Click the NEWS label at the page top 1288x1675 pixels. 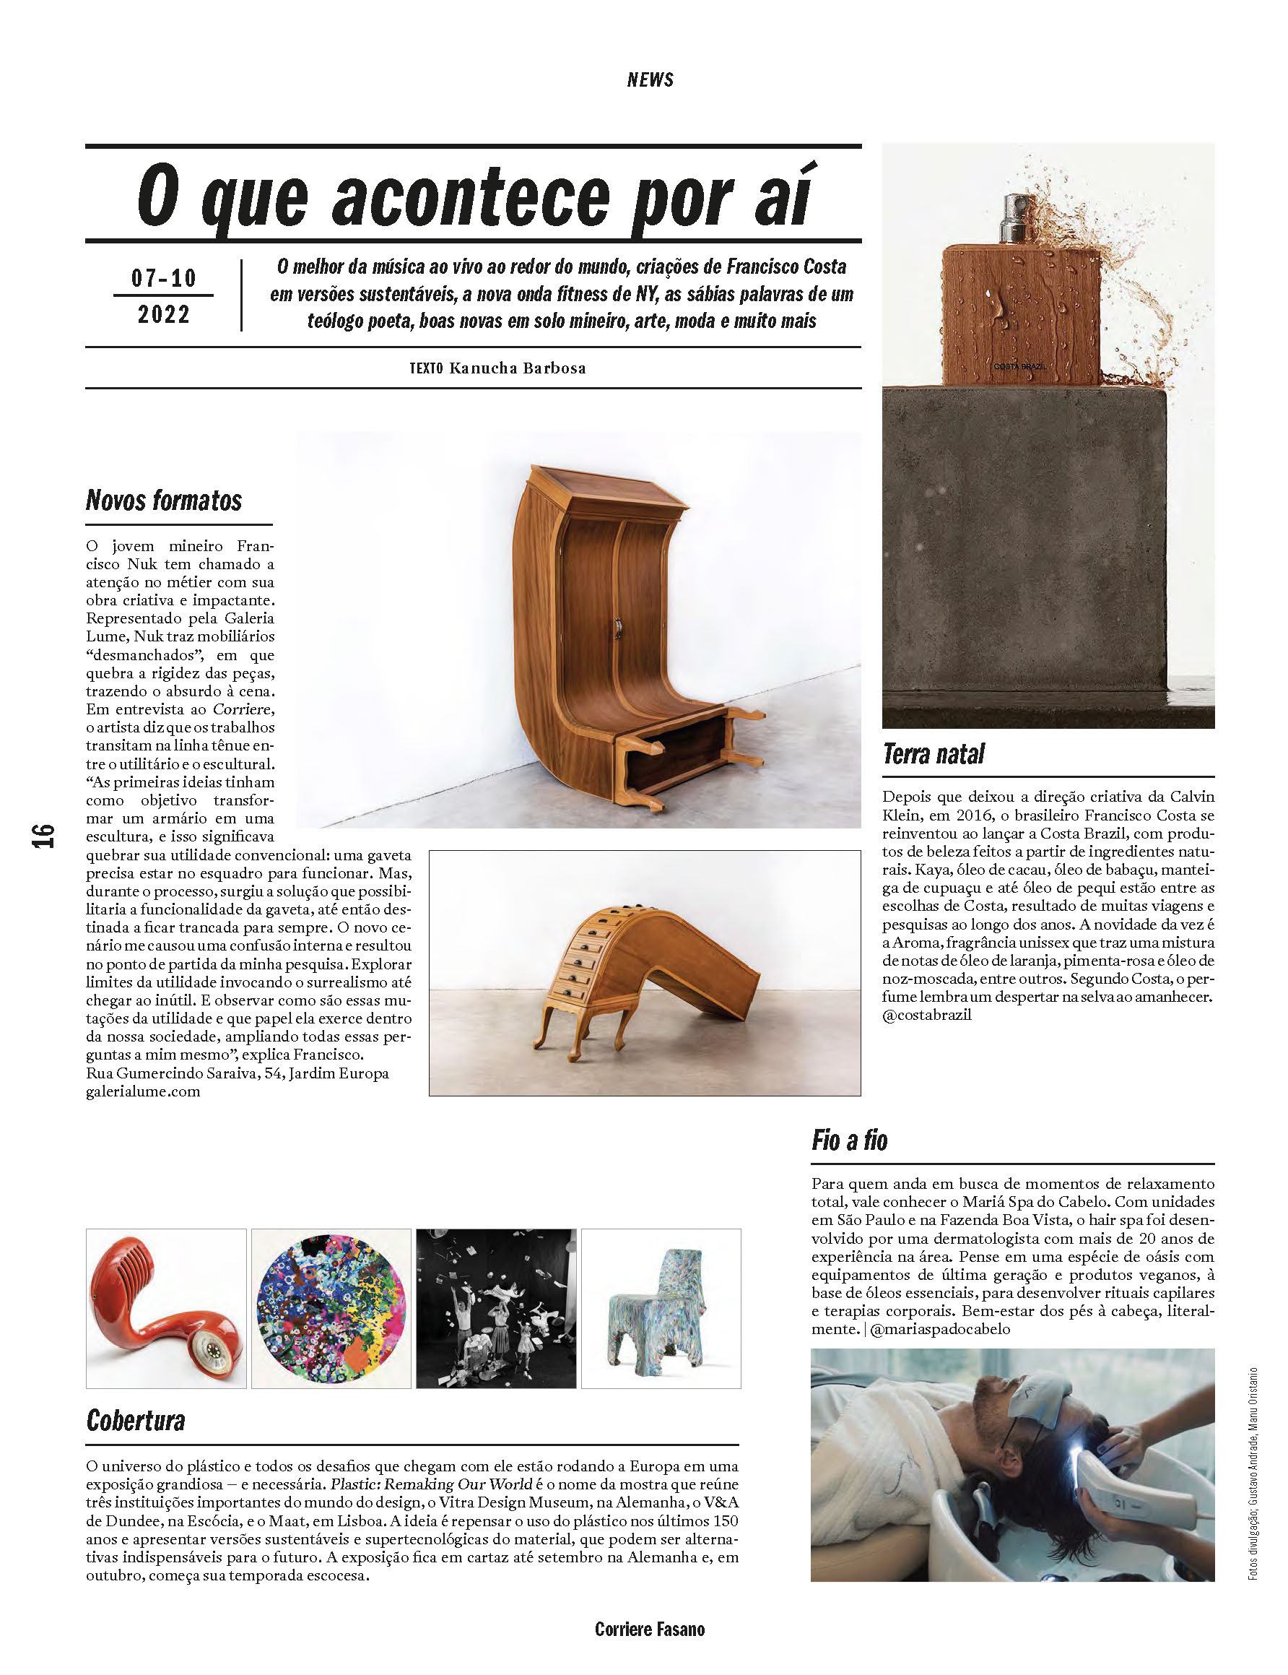click(x=649, y=79)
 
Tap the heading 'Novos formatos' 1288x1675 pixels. click(x=164, y=501)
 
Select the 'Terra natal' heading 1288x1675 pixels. click(x=933, y=754)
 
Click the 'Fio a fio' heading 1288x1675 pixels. click(x=850, y=1141)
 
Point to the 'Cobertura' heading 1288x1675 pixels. click(x=136, y=1420)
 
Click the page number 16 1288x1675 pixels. click(x=45, y=835)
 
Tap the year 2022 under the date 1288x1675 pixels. click(x=163, y=314)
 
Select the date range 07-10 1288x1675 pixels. click(x=163, y=277)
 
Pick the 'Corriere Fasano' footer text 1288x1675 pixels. click(x=649, y=1629)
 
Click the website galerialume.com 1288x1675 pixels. click(x=144, y=1091)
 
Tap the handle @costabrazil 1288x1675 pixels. click(x=927, y=1015)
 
